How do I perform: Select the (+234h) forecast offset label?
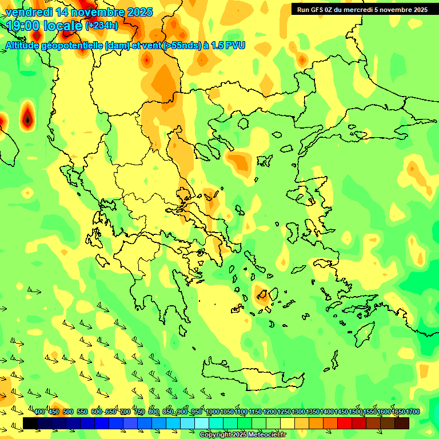click(x=102, y=26)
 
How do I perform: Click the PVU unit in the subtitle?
click(x=236, y=45)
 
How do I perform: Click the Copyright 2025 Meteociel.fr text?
click(x=242, y=435)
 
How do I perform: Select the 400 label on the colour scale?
click(x=39, y=412)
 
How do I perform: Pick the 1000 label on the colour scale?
click(x=213, y=412)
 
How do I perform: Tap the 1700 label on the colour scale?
click(x=413, y=412)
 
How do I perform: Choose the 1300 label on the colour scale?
click(x=298, y=412)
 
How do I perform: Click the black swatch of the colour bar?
click(x=30, y=423)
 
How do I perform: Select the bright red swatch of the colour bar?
click(x=345, y=423)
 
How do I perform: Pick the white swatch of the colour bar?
click(x=202, y=423)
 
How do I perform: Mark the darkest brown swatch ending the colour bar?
click(x=402, y=423)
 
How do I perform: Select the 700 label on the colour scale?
click(x=125, y=412)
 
